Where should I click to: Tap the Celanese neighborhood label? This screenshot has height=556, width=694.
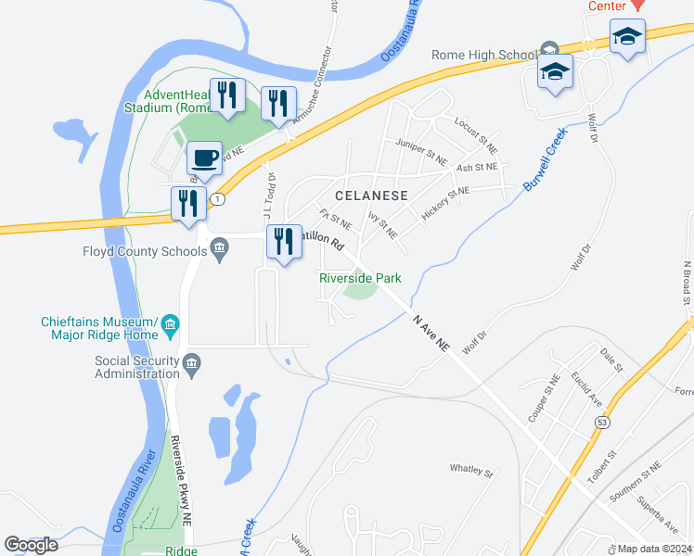(x=371, y=196)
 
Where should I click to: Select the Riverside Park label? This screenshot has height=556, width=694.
(x=360, y=278)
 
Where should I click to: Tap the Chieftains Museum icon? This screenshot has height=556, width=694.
(x=170, y=323)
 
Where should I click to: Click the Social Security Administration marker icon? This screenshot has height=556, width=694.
(x=192, y=362)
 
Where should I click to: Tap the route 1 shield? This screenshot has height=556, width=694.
(x=216, y=199)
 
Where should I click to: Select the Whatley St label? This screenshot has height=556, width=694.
(x=471, y=470)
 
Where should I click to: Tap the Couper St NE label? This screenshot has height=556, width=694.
(x=544, y=397)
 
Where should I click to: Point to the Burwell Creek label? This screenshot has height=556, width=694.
(x=545, y=159)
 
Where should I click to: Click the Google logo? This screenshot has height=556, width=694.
(x=32, y=545)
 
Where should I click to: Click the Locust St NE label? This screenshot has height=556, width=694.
(x=476, y=134)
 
